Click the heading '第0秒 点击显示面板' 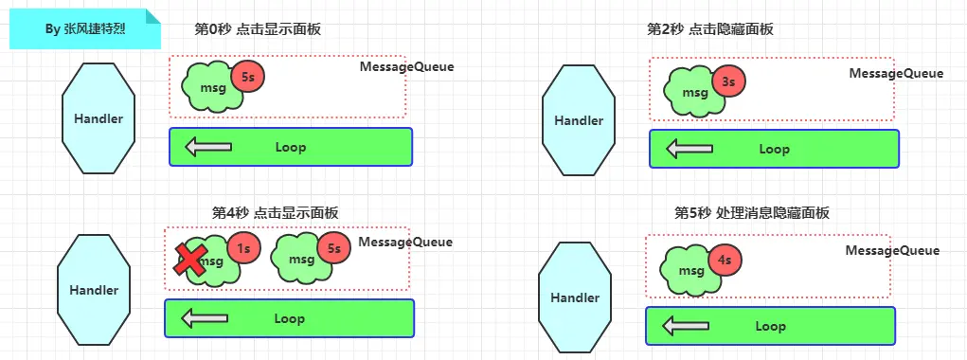258,29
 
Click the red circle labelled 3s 728,82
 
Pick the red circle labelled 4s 725,259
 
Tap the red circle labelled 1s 243,248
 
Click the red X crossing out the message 192,259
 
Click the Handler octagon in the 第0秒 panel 98,118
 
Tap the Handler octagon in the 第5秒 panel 575,297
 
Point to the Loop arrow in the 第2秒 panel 689,149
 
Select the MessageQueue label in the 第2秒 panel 895,73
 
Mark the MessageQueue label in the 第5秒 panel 892,250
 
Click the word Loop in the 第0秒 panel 291,147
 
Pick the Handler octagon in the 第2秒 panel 579,120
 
